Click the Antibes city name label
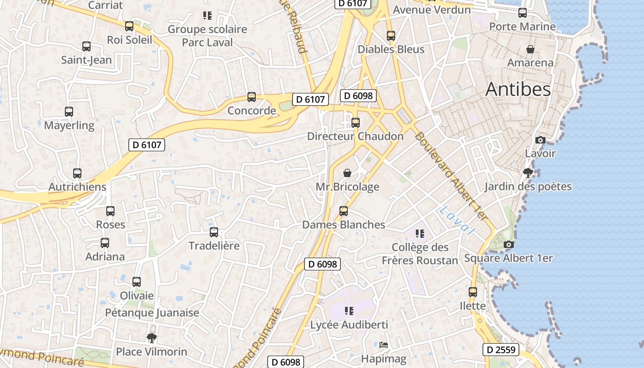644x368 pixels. (x=518, y=89)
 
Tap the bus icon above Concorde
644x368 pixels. (x=252, y=97)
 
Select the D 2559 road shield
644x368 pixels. (x=501, y=350)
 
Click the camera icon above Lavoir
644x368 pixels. (x=540, y=140)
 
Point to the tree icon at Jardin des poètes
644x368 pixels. (x=528, y=173)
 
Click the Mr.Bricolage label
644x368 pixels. (x=347, y=187)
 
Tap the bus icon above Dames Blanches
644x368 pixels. (x=344, y=211)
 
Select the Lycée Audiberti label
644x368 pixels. (x=350, y=325)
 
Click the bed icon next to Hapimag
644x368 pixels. (x=384, y=345)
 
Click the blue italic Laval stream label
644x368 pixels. (x=456, y=221)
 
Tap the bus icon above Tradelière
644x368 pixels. (x=214, y=232)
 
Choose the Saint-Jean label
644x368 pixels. (x=86, y=60)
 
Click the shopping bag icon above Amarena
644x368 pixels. (x=530, y=49)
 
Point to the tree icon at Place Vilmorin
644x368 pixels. (x=151, y=339)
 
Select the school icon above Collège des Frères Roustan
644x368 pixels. (x=420, y=234)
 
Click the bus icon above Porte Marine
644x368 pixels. (x=523, y=13)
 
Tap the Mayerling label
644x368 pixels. (x=69, y=125)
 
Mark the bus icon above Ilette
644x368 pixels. (x=473, y=292)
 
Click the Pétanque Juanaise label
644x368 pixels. (x=152, y=313)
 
